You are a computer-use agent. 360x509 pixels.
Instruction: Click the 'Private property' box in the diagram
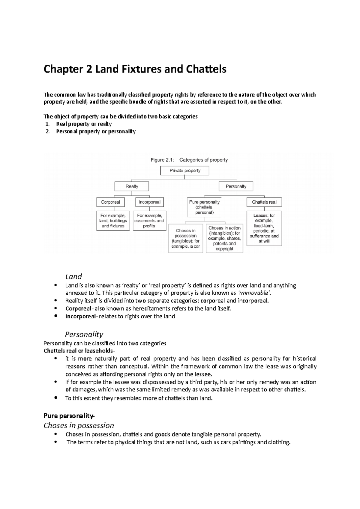pos(185,171)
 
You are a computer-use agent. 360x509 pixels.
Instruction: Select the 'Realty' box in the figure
pos(132,186)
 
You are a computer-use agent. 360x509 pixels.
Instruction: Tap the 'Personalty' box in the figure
pos(236,186)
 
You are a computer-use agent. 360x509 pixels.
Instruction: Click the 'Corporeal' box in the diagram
pos(110,202)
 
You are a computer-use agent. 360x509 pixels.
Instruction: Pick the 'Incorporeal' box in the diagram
pos(149,202)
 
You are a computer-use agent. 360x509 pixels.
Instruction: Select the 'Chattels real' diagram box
pos(264,202)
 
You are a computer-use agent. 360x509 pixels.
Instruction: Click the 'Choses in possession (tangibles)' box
pos(185,238)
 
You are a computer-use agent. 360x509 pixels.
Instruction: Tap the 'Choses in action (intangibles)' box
pos(224,238)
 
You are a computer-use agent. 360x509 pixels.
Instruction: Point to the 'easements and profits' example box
pos(149,221)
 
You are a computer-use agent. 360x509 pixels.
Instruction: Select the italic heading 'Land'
pos(73,276)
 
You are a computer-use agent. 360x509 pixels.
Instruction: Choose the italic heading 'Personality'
pos(84,334)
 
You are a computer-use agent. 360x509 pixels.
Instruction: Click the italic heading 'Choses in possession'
pos(79,425)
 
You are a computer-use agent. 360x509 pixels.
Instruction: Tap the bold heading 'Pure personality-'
pos(69,416)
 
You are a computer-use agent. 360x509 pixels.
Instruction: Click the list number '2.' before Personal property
pos(47,131)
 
